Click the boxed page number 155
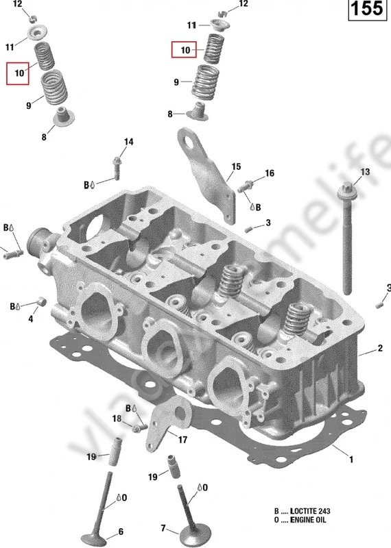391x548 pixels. (x=366, y=10)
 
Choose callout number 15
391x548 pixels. (x=236, y=166)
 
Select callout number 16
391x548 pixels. (x=270, y=173)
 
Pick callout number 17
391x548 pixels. (x=182, y=439)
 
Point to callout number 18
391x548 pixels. (x=117, y=419)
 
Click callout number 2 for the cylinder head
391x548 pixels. (x=379, y=349)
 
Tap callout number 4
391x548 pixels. (x=30, y=319)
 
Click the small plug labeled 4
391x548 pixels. (x=41, y=301)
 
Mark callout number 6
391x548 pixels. (x=121, y=531)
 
